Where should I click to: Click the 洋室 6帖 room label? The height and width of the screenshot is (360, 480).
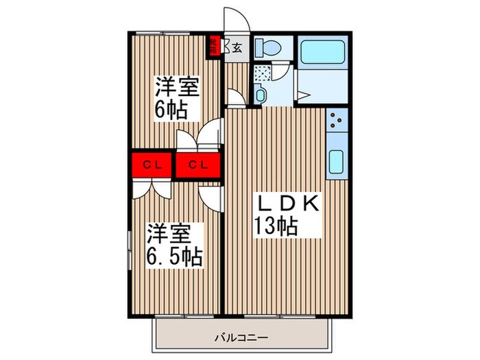(176, 97)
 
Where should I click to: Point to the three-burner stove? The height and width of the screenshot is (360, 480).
(337, 121)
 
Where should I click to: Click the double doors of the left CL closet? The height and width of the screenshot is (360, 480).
(151, 189)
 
